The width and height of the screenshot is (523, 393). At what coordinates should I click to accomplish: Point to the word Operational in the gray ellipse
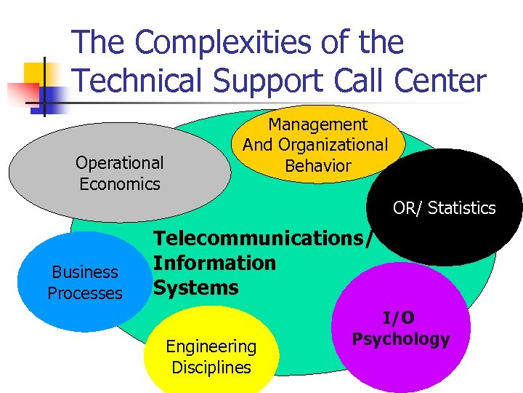[x=120, y=162]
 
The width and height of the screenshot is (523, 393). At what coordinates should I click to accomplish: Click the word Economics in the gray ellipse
[x=120, y=184]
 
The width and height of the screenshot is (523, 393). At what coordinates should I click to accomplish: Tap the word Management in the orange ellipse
[x=318, y=125]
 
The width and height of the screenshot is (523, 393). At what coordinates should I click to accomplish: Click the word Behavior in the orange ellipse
[x=318, y=166]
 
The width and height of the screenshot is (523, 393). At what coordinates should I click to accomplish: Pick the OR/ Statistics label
[x=444, y=208]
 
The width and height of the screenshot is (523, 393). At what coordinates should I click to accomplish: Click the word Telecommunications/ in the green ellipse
[x=264, y=238]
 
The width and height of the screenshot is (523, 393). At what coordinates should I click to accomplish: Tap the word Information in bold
[x=214, y=263]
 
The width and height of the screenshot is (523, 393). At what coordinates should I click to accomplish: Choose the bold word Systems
[x=195, y=288]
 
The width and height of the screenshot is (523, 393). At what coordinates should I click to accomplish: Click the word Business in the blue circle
[x=85, y=272]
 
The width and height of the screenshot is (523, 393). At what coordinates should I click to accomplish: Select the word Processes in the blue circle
[x=85, y=293]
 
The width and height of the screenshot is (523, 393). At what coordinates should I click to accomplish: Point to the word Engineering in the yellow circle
[x=211, y=347]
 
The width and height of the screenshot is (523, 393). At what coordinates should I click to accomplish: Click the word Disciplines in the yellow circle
[x=211, y=368]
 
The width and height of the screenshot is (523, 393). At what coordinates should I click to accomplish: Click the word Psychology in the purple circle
[x=401, y=339]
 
